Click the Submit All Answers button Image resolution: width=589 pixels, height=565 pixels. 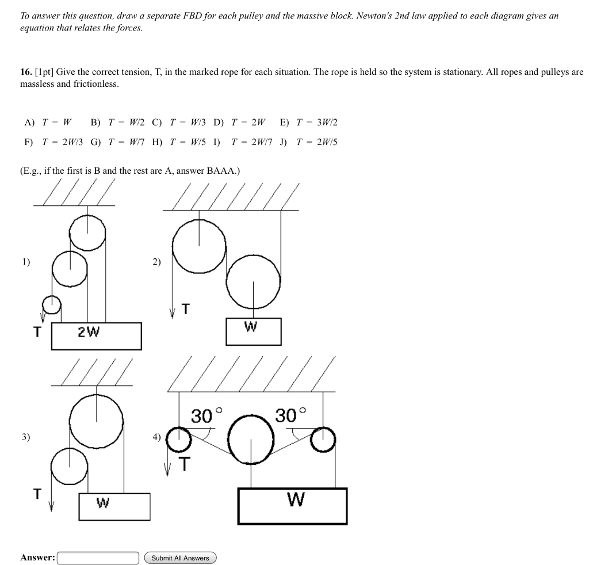pos(180,558)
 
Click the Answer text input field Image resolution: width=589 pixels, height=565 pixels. pos(98,558)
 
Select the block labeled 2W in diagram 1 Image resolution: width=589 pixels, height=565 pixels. pos(96,336)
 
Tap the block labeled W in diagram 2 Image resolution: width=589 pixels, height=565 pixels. pos(253,331)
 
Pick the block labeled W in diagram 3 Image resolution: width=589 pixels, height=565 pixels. pos(114,506)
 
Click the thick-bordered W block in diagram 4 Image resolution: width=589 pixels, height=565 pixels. pos(292,506)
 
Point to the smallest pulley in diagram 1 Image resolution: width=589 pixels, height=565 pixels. pos(52,304)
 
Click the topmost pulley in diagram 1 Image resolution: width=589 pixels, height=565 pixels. pos(87,232)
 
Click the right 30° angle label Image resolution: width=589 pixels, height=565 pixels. pos(290,415)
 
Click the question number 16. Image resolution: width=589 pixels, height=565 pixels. pos(26,72)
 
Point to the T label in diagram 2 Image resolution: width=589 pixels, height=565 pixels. pos(185,310)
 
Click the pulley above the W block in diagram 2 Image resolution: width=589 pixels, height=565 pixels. pos(253,281)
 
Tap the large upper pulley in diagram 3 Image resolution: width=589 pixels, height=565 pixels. pos(96,421)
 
